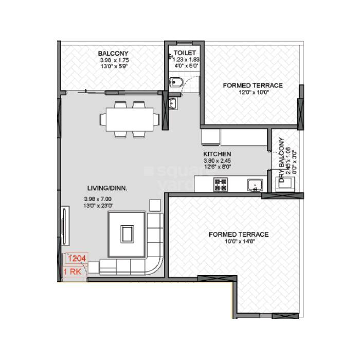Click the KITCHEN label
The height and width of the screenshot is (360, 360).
coord(217,154)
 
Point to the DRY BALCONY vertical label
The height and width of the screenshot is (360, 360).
coord(282,159)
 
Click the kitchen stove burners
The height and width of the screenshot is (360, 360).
coord(221,185)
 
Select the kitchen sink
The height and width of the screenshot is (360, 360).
coord(254,185)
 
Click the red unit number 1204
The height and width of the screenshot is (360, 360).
coord(76,259)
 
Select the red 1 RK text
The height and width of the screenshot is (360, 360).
coord(72,271)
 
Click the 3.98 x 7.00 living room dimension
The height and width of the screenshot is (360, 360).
coord(98,199)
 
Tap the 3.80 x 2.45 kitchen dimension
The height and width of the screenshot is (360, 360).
coord(217,160)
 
